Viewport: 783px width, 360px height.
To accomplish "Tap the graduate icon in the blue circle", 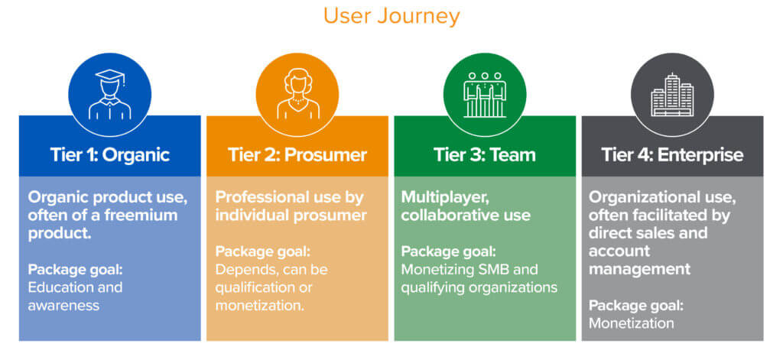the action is coord(110,95).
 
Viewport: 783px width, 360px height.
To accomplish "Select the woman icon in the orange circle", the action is coord(297,94).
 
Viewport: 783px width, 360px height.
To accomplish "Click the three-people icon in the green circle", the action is coord(484,95).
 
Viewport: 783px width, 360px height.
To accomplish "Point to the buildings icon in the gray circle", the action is coord(672,95).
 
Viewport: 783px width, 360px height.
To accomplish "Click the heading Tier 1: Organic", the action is coord(110,155).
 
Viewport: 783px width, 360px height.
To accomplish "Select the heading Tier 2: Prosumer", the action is coord(297,155).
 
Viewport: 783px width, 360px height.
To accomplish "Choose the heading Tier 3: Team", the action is coord(484,155).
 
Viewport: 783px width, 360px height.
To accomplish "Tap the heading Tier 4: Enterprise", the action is coord(672,155).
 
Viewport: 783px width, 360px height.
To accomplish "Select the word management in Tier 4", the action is coord(639,270).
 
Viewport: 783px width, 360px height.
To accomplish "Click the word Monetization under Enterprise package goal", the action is coord(631,323).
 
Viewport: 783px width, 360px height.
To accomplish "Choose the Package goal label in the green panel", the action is coord(448,251).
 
